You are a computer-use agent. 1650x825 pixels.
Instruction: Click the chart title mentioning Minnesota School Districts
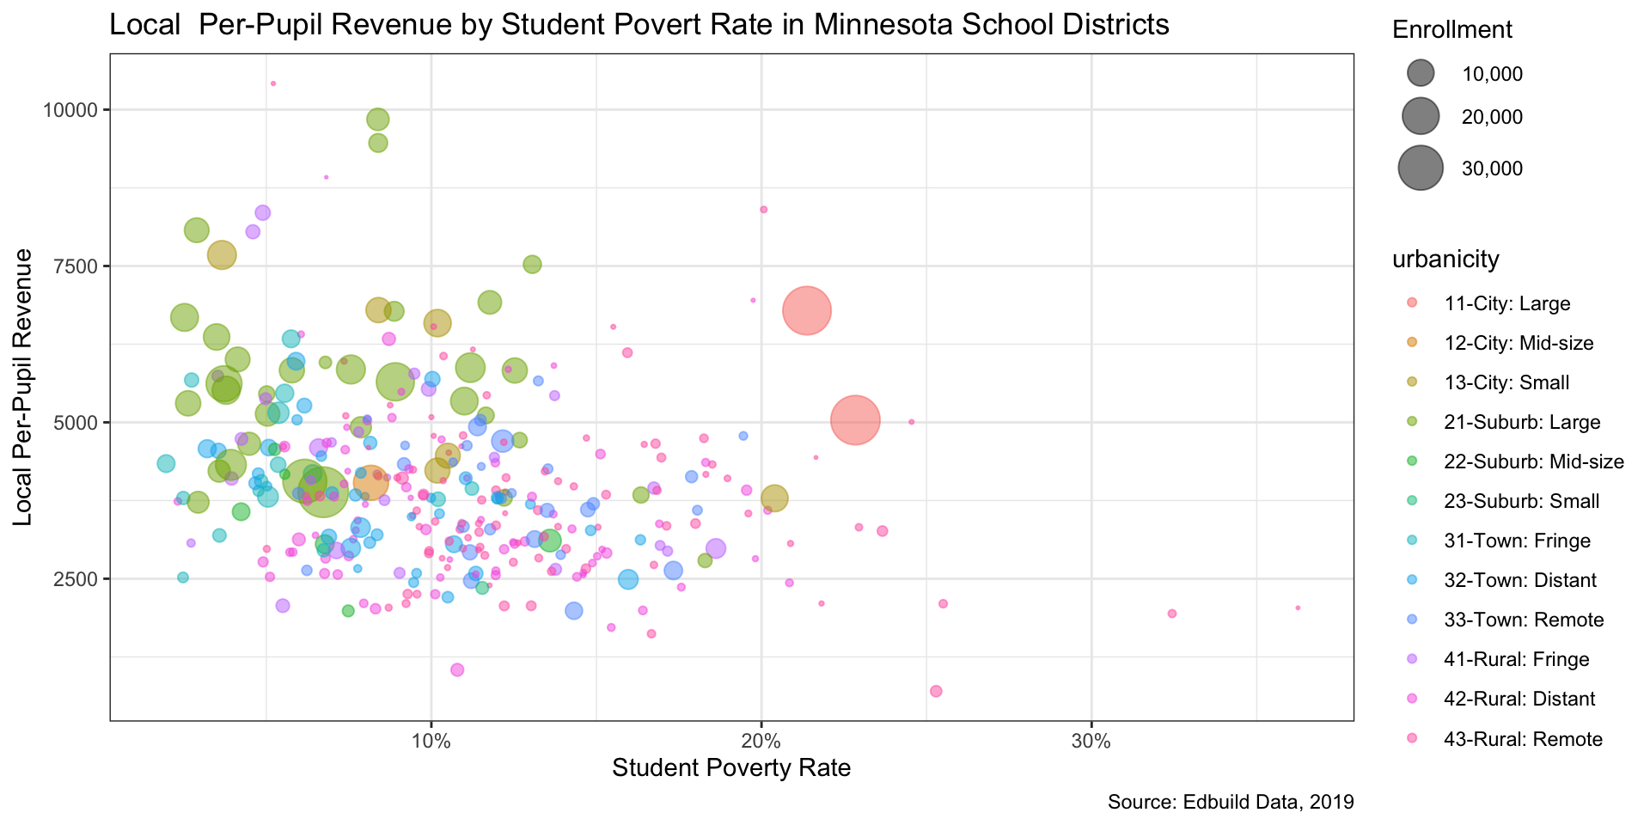pyautogui.click(x=639, y=25)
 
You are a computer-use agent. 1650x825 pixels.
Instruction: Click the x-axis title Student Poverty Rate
pyautogui.click(x=731, y=767)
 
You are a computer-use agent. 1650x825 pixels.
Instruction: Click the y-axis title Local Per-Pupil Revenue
pyautogui.click(x=24, y=388)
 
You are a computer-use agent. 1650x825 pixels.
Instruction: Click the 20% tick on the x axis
pyautogui.click(x=761, y=742)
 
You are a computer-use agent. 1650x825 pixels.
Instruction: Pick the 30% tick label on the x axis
pyautogui.click(x=1091, y=742)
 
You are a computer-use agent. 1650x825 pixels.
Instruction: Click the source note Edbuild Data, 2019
pyautogui.click(x=1231, y=803)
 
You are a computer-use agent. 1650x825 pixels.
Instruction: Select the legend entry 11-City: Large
pyautogui.click(x=1507, y=303)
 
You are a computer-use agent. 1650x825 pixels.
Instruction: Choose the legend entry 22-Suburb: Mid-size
pyautogui.click(x=1534, y=461)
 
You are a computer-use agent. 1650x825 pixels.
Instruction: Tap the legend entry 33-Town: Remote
pyautogui.click(x=1524, y=620)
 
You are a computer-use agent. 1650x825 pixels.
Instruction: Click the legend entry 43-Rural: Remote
pyautogui.click(x=1523, y=739)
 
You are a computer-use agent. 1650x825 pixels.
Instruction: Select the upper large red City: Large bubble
pyautogui.click(x=806, y=311)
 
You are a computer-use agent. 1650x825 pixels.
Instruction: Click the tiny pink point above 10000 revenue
pyautogui.click(x=273, y=83)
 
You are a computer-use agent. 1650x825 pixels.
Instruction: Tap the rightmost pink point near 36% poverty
pyautogui.click(x=1298, y=608)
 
